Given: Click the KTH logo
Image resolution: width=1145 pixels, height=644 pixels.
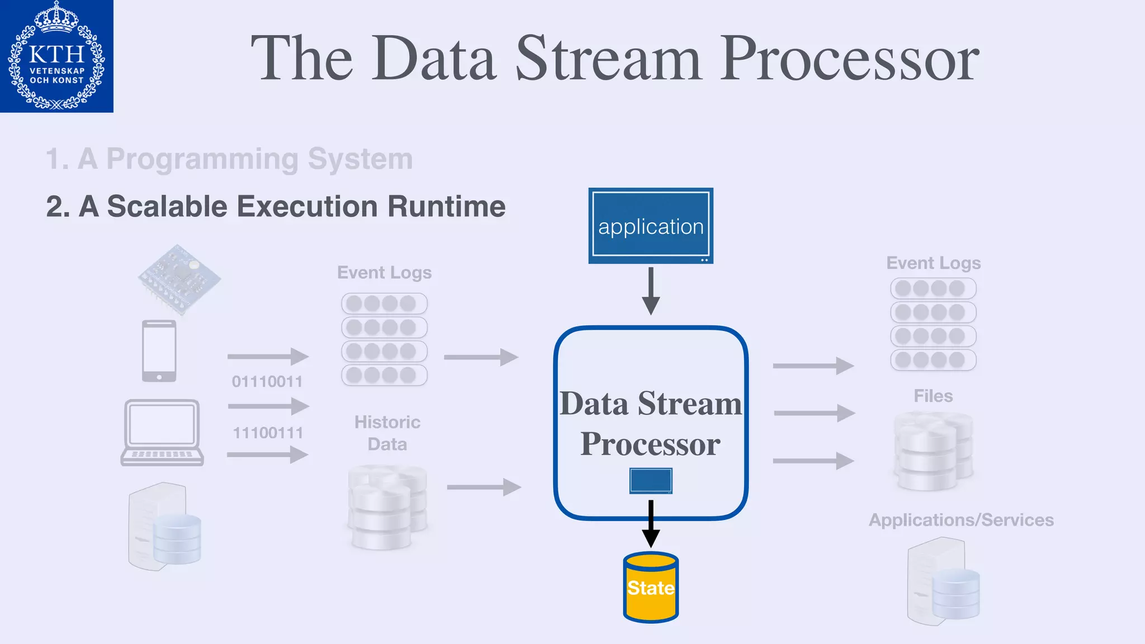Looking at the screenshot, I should (56, 56).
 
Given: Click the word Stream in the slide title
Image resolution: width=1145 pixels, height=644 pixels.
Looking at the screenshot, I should (608, 59).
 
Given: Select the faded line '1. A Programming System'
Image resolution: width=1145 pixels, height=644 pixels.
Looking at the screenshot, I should (229, 159).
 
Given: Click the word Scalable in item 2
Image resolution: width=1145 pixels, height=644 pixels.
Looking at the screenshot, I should (168, 206).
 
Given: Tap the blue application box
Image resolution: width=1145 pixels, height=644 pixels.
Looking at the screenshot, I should (651, 226).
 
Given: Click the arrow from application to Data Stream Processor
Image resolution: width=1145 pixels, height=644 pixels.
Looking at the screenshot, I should (651, 291).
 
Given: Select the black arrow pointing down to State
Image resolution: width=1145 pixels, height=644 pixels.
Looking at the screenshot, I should (651, 523).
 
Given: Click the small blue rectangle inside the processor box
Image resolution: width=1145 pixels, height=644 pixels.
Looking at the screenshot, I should (651, 481).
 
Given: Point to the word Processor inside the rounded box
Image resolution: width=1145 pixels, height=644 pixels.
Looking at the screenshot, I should (650, 444).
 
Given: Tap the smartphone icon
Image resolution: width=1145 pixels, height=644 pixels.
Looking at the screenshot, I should (159, 351).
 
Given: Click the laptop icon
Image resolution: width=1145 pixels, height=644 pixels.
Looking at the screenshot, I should (162, 433).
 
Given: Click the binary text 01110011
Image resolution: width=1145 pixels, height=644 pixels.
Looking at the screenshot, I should (267, 382).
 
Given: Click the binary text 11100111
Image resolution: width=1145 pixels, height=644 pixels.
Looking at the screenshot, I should (268, 433).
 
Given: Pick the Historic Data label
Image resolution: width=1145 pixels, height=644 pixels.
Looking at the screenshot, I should (387, 433).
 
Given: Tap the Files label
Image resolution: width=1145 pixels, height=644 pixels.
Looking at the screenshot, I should (933, 396).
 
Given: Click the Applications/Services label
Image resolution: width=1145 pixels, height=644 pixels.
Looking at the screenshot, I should (961, 520).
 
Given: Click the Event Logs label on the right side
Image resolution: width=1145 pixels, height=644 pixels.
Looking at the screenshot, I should (933, 263).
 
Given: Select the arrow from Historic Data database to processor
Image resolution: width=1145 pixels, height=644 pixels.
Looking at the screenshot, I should (484, 487).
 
